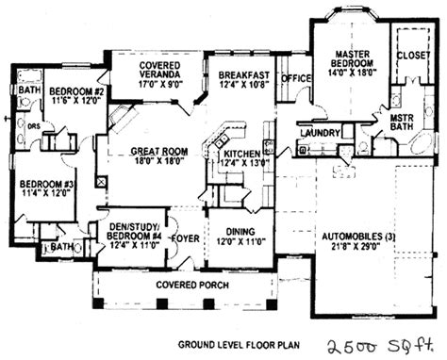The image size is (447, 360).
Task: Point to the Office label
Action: click(x=297, y=78)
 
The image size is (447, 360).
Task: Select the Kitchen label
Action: click(x=242, y=153)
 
